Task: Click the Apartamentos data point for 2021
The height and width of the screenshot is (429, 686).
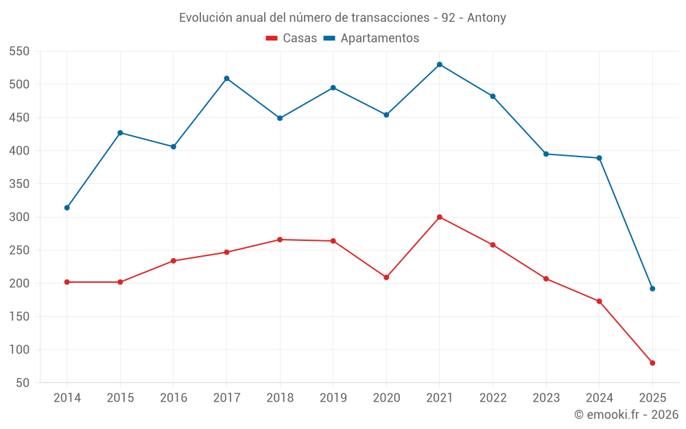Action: coord(440,65)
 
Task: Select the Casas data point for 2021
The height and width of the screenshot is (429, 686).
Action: coord(440,217)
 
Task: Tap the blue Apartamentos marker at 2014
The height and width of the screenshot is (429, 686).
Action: coord(67,207)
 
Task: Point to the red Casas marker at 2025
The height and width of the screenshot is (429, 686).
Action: coord(652,363)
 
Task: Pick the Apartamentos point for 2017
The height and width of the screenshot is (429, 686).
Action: coord(226,78)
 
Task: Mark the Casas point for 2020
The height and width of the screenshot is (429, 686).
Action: coord(386,277)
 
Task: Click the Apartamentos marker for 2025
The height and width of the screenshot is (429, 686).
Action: coord(652,288)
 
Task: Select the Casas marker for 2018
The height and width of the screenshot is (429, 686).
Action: coord(280,240)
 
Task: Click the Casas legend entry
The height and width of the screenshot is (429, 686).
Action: coord(292,38)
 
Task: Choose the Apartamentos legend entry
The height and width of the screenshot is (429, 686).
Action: coord(371,38)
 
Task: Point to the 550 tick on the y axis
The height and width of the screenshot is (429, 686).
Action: coord(19,51)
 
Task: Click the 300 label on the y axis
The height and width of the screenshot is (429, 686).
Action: coord(19,217)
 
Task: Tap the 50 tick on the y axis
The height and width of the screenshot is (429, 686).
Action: coord(22,383)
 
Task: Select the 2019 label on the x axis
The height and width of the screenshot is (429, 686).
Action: coord(333,398)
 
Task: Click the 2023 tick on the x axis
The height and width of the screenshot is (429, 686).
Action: coord(546,398)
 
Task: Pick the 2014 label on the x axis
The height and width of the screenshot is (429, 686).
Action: coord(67,398)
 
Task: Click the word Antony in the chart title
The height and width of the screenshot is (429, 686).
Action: coord(486,18)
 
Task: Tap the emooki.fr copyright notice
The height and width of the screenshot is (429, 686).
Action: coord(626,415)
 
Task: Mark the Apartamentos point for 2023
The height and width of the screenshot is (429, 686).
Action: coord(546,154)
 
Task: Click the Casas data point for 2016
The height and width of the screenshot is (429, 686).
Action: coord(173,261)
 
